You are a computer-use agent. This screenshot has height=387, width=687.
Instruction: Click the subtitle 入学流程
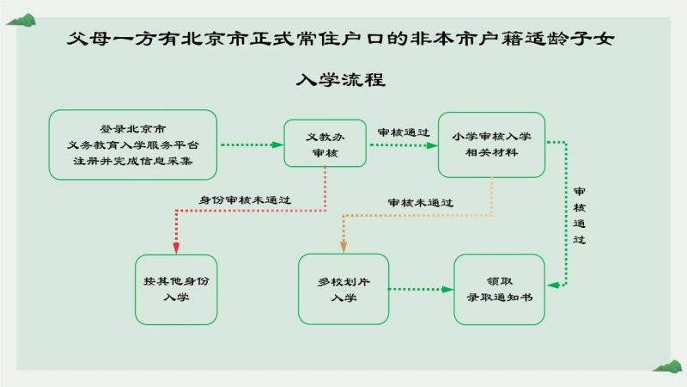[x=341, y=80]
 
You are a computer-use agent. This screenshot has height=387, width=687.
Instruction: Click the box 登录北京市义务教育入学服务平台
[x=133, y=144]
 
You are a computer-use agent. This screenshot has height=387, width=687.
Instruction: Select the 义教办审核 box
[x=325, y=144]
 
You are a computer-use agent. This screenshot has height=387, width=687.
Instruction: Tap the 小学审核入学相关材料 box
[x=491, y=144]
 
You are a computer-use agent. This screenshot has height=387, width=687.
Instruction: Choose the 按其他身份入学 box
[x=176, y=290]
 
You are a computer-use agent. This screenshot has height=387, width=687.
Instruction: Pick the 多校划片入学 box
[x=343, y=289]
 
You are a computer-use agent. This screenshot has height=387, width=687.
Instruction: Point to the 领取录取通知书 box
[x=500, y=290]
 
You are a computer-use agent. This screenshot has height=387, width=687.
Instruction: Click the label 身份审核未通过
[x=245, y=200]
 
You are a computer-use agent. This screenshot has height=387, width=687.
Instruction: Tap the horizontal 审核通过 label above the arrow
[x=404, y=132]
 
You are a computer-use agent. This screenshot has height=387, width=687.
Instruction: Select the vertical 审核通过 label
[x=579, y=216]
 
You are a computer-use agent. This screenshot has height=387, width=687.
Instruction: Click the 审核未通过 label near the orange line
[x=421, y=203]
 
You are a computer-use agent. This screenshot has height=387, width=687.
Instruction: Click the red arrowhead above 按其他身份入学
[x=176, y=248]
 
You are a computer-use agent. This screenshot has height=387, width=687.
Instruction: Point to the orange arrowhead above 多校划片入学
[x=343, y=247]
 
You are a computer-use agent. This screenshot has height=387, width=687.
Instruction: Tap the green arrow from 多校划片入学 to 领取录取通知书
[x=421, y=289]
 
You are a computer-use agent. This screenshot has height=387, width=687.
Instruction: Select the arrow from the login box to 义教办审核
[x=252, y=144]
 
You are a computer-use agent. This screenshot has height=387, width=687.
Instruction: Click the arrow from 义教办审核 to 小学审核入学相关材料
[x=404, y=145]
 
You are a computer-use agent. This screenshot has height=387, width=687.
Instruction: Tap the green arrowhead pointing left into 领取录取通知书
[x=553, y=286]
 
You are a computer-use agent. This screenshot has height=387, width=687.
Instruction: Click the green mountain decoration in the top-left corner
[x=22, y=20]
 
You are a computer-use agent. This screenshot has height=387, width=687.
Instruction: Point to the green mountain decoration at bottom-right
[x=667, y=366]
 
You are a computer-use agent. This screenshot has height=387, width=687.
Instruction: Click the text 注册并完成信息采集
[x=133, y=161]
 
